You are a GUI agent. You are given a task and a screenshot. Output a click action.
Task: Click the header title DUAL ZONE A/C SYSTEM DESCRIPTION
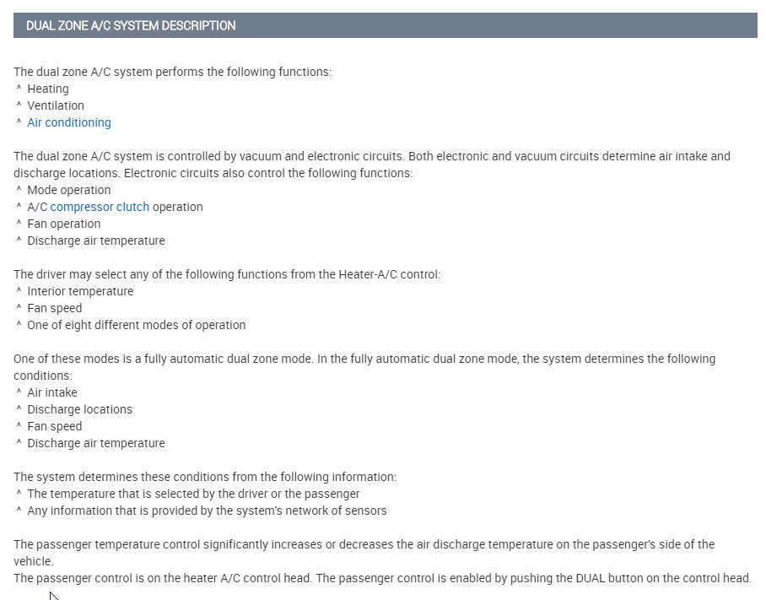[x=131, y=26]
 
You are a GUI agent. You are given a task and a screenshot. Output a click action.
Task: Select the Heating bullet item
[x=48, y=89]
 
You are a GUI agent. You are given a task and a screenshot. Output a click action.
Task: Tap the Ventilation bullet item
[x=56, y=105]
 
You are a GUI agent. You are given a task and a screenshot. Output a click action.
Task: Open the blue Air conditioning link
[x=69, y=122]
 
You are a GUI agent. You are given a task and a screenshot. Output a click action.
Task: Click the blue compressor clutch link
[x=100, y=207]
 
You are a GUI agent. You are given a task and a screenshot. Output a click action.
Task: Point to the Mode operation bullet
[x=69, y=190]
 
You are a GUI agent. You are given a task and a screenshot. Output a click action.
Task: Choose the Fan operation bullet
[x=64, y=224]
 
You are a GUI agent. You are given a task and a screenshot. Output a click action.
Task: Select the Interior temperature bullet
[x=80, y=291]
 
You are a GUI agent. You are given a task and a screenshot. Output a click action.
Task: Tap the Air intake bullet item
[x=52, y=392]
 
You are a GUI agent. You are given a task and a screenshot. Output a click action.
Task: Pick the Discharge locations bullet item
[x=80, y=409]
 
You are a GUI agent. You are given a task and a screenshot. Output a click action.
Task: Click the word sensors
[x=366, y=511]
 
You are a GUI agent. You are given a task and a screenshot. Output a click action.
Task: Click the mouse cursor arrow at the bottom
[x=53, y=596]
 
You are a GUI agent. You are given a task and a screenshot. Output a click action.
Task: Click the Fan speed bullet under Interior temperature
[x=55, y=308]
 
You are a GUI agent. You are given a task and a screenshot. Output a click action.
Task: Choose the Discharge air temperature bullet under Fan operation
[x=96, y=241]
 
